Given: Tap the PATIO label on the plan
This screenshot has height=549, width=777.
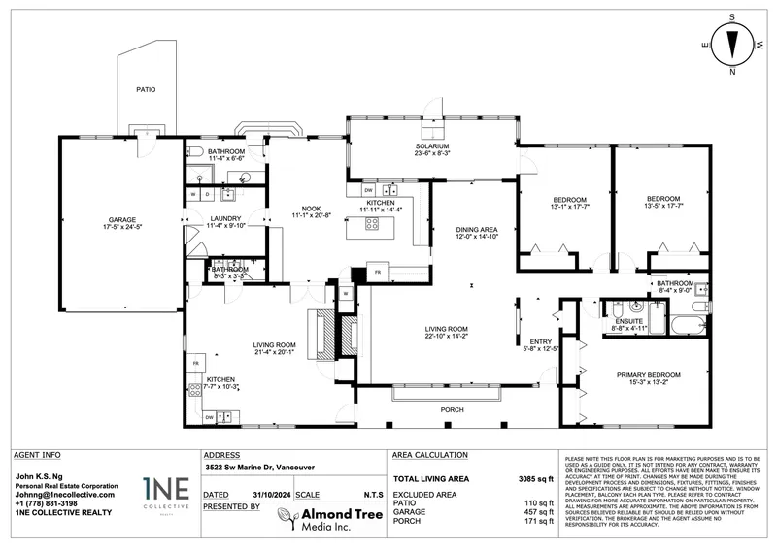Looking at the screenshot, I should click(x=146, y=90).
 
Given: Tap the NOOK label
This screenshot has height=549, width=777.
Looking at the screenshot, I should click(x=312, y=208).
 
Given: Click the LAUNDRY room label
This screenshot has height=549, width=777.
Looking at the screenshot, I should click(x=225, y=219).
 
